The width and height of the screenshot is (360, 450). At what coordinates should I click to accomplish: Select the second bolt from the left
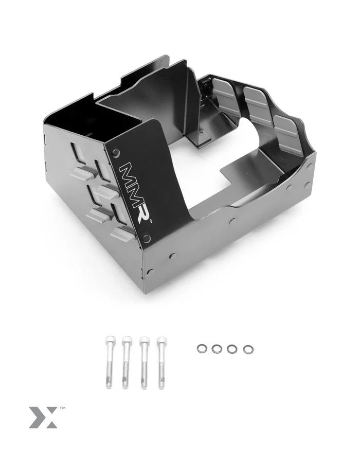pos(125,362)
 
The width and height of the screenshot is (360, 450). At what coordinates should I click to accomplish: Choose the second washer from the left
pos(216,349)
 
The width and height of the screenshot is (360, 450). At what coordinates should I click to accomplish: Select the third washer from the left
pos(232,349)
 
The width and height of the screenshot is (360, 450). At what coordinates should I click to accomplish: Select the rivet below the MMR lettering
pos(148,238)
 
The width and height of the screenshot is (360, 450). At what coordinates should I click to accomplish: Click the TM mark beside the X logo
pos(62,408)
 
